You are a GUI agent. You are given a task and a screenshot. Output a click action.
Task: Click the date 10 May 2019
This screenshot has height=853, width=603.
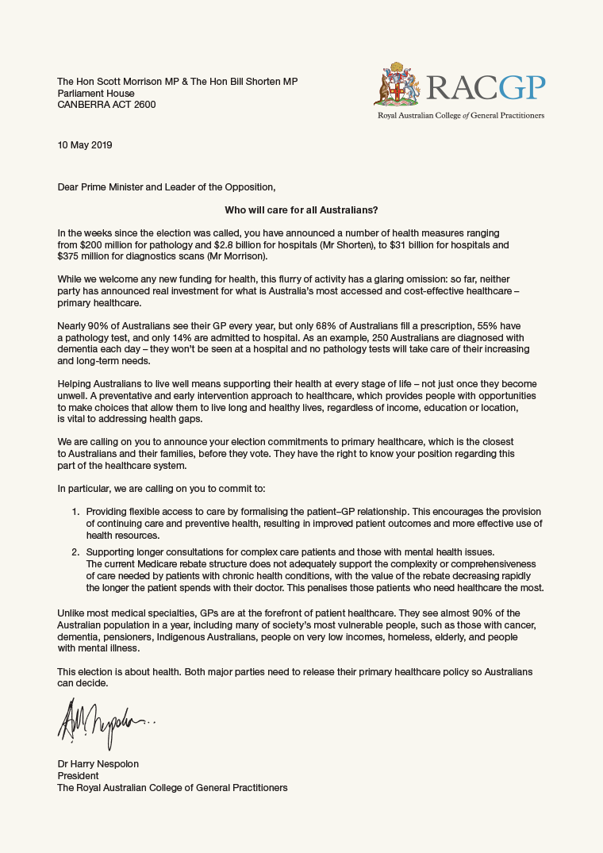(85, 145)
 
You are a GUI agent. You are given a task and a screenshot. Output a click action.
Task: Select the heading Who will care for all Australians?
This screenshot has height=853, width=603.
(301, 209)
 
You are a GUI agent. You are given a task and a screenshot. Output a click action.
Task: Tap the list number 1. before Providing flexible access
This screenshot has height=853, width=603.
(76, 512)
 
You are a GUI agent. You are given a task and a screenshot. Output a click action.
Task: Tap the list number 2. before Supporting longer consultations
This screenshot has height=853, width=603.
(76, 551)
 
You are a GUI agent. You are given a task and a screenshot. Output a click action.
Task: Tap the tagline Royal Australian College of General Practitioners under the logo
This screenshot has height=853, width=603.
(460, 115)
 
